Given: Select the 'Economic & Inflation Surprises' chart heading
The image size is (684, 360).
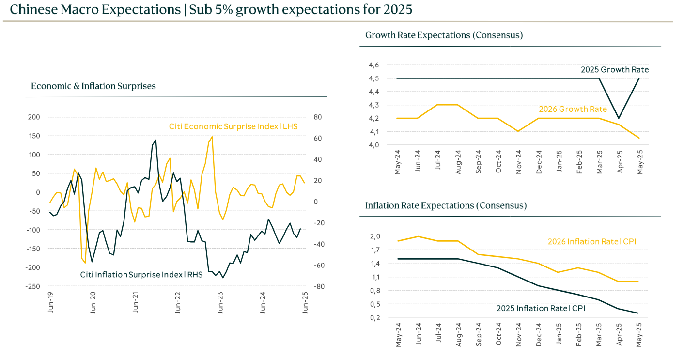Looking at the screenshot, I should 93,86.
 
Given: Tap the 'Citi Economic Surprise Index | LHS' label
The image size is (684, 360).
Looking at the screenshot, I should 233,126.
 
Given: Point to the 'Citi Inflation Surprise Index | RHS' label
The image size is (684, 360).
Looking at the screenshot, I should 141,275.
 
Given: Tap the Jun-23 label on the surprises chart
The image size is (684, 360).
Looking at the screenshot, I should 220,302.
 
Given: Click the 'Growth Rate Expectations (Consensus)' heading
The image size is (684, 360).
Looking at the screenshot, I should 444,35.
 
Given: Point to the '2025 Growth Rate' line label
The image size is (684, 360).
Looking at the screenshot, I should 615,70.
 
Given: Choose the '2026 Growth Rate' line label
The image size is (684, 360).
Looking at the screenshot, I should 573,109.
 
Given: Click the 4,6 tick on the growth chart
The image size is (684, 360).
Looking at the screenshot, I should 374,65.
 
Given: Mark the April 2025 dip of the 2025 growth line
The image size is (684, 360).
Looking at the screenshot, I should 618,118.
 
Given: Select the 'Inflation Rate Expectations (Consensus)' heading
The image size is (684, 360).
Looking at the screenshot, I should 446,205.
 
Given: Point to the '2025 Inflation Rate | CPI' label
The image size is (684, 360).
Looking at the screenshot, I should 541,308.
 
